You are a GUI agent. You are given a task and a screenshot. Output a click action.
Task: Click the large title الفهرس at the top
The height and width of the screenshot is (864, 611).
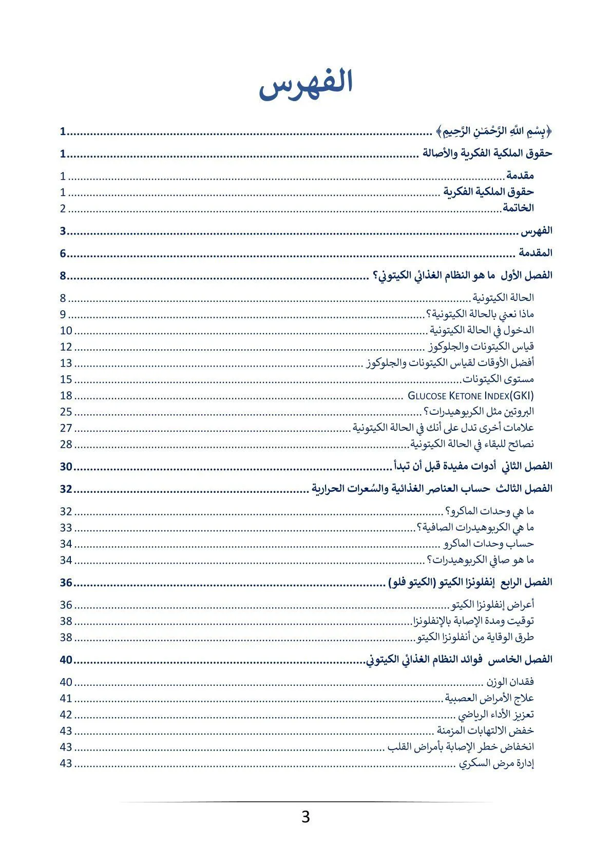[x=306, y=84]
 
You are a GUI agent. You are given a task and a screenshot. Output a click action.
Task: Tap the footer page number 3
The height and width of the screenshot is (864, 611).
[x=305, y=817]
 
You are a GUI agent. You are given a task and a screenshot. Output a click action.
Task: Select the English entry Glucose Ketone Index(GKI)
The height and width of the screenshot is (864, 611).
[x=470, y=396]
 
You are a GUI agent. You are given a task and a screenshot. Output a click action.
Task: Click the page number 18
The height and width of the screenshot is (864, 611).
[x=66, y=396]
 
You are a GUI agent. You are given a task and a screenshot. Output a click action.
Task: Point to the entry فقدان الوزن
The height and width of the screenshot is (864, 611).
[x=510, y=682]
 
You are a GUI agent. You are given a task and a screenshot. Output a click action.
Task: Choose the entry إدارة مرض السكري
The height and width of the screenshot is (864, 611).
[x=497, y=763]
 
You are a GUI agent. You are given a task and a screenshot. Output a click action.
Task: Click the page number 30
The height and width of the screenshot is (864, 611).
[x=66, y=467]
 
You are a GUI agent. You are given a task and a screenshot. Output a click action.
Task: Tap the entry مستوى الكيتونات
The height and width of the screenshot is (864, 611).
[x=498, y=379]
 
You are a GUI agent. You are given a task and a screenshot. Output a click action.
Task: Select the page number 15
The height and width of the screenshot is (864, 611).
[x=66, y=379]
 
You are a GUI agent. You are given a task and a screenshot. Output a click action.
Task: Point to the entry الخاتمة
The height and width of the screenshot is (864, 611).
[x=518, y=208]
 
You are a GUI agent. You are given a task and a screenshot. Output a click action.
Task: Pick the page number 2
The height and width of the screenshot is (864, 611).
[x=63, y=208]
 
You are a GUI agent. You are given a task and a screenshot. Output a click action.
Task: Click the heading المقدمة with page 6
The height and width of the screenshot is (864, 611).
[x=535, y=253]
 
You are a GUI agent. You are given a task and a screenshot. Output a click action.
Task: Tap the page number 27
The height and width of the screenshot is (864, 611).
[x=66, y=428]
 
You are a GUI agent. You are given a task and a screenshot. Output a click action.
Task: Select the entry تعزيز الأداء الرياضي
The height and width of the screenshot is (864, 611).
[x=496, y=715]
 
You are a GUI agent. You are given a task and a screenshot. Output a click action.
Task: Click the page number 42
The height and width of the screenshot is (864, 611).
[x=66, y=715]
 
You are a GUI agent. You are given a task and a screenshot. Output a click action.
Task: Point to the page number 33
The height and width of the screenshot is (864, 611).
[x=66, y=528]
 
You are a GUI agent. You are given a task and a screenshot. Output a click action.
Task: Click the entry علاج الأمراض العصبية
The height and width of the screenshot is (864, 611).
[x=489, y=698]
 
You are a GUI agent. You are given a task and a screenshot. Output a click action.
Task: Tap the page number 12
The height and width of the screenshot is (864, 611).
[x=66, y=347]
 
